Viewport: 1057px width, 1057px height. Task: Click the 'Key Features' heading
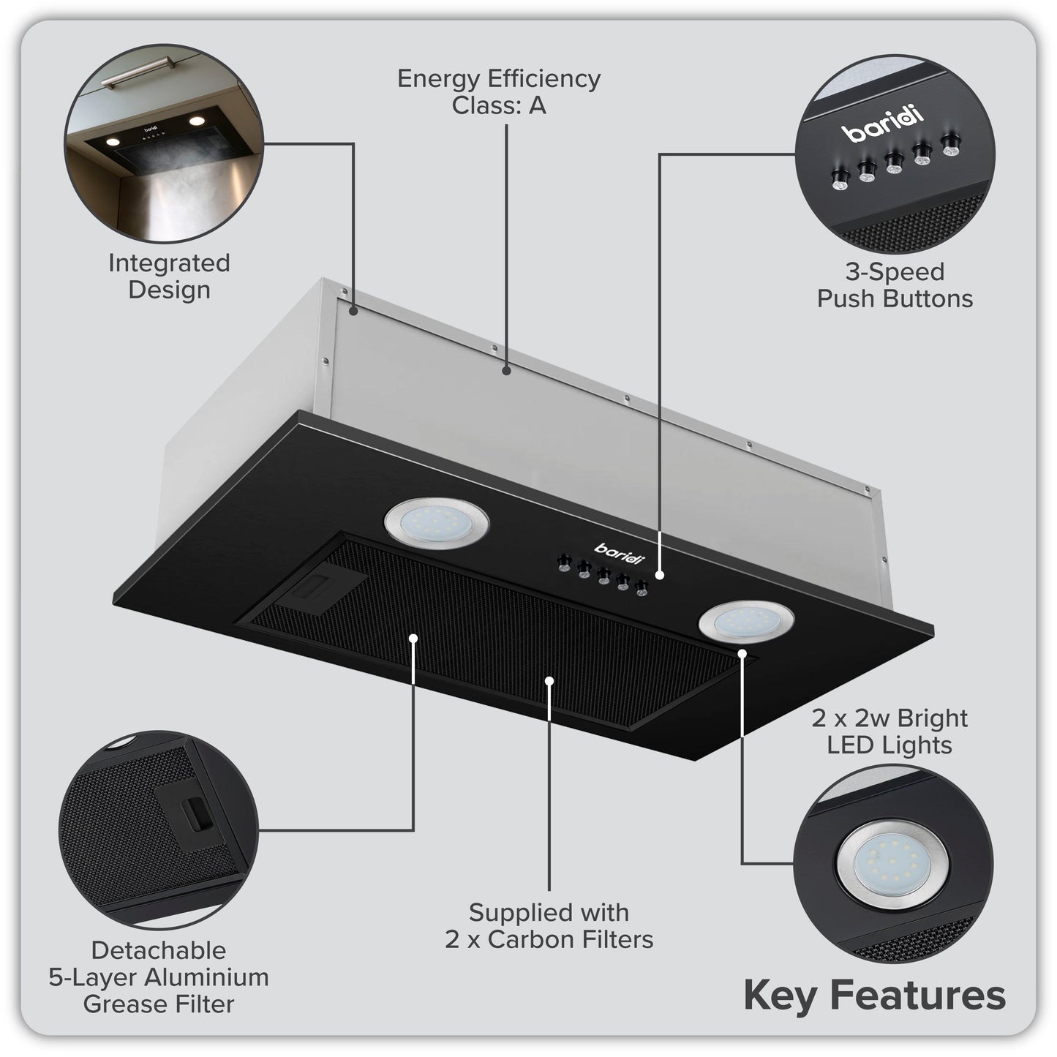coord(874,996)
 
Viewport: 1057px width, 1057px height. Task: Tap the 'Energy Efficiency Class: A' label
coord(499,91)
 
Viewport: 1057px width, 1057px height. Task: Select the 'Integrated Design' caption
coord(169,276)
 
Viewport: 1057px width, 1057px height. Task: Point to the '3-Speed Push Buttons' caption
coord(895,285)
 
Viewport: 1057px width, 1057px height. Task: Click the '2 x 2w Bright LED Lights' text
coord(889,731)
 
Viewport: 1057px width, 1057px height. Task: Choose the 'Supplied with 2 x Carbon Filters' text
coord(549,925)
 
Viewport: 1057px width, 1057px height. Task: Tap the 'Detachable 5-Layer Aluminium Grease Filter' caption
coord(159,977)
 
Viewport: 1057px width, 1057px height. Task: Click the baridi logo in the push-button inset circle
coord(882,124)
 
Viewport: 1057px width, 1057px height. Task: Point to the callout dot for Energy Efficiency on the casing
coord(505,371)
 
